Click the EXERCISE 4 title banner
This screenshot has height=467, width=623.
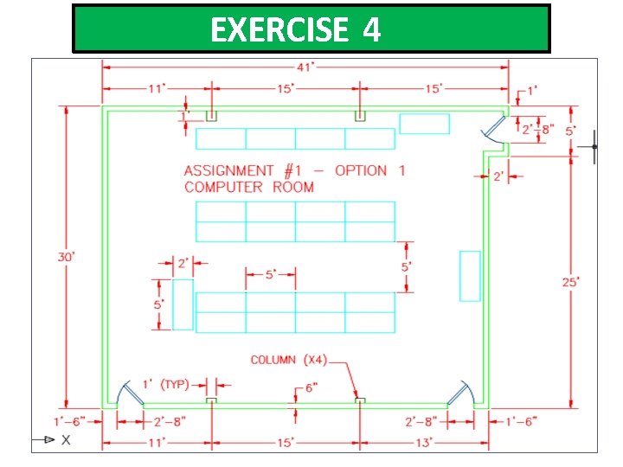click(x=311, y=29)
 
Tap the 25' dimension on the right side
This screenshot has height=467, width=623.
click(x=571, y=281)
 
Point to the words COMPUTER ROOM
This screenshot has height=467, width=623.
click(x=248, y=187)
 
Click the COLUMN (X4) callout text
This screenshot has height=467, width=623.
click(x=286, y=360)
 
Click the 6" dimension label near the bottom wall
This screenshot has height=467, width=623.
click(x=311, y=388)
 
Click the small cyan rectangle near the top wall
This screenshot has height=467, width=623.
click(x=424, y=124)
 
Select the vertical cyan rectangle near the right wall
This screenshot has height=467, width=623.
click(x=470, y=276)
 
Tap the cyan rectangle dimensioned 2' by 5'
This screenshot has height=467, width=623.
click(x=183, y=304)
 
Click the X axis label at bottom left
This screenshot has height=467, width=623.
click(x=66, y=440)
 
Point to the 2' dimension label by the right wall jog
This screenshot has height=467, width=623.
click(x=498, y=176)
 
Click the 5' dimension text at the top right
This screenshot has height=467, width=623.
click(x=571, y=131)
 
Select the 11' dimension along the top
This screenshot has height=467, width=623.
click(x=157, y=88)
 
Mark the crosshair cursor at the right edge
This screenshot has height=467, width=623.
click(x=594, y=147)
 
